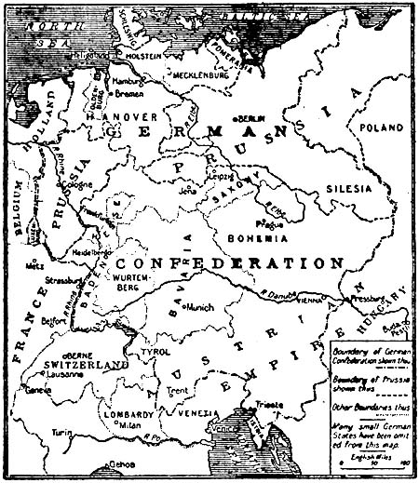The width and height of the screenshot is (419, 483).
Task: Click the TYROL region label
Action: pyautogui.click(x=155, y=353)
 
